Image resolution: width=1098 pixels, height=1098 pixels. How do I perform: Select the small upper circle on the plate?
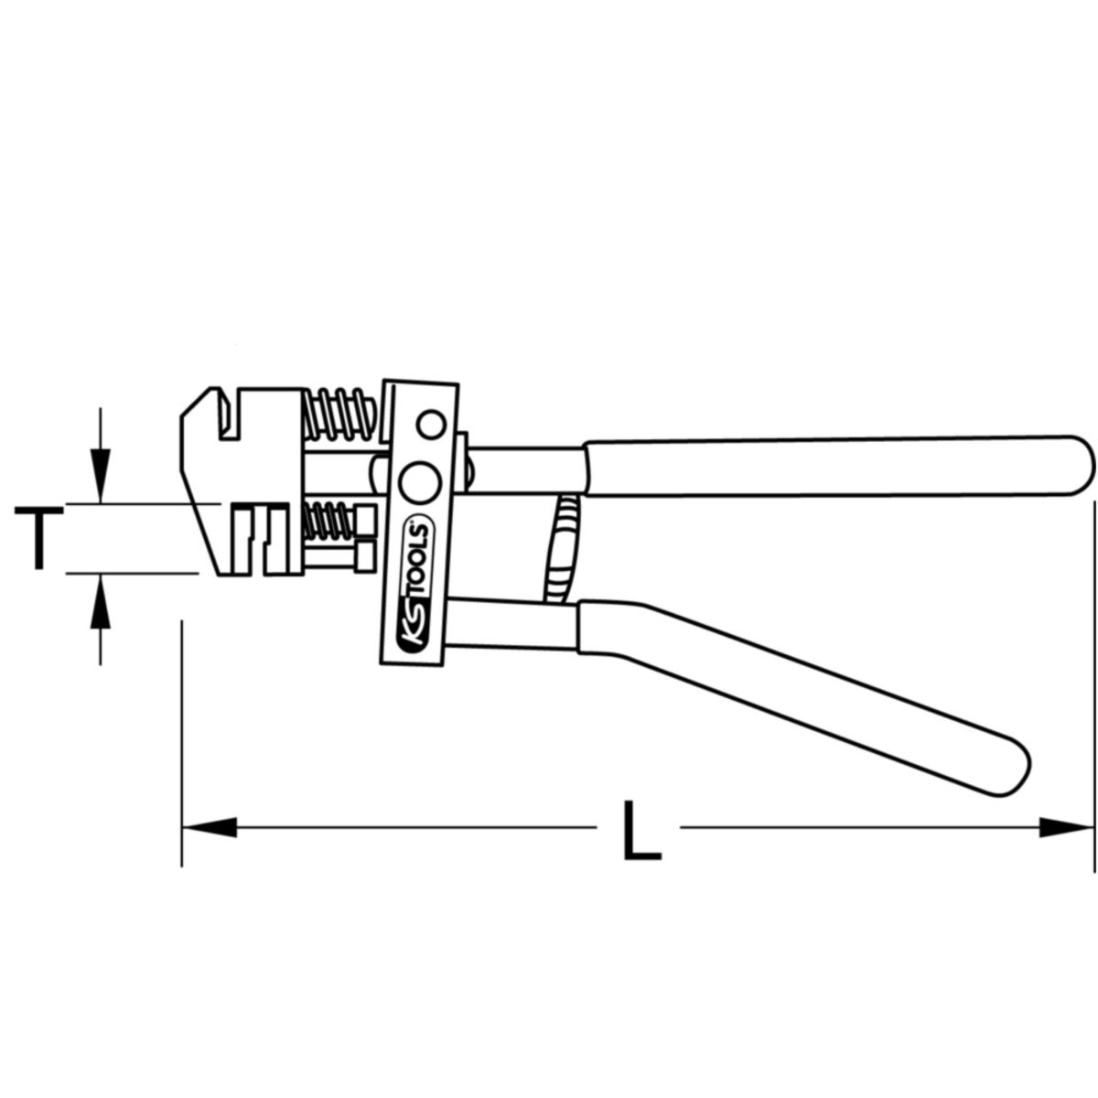[429, 424]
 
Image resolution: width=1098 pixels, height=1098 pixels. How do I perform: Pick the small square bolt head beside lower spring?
[366, 554]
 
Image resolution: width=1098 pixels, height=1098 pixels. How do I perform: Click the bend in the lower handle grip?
[631, 631]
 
